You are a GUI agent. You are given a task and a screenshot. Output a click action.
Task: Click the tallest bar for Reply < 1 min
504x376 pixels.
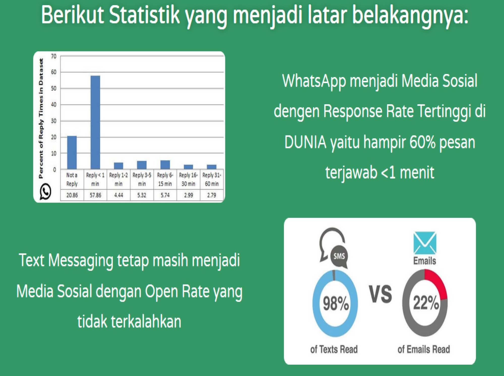tap(95, 122)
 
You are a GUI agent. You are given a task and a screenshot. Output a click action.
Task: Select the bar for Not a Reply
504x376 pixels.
tap(72, 152)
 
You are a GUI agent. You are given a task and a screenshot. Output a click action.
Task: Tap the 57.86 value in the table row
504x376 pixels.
tap(95, 195)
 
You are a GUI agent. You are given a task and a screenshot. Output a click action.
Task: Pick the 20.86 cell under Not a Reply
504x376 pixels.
tap(72, 195)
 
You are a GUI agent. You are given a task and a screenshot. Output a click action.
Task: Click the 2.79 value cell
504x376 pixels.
tap(212, 195)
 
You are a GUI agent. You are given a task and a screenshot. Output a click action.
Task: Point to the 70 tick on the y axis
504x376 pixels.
tap(54, 56)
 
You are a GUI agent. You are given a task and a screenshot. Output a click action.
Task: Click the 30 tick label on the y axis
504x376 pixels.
tap(54, 121)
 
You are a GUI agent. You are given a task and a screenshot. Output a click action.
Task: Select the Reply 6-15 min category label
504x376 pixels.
tap(165, 179)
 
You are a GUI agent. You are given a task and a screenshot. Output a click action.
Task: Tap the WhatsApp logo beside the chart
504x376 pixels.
tap(45, 192)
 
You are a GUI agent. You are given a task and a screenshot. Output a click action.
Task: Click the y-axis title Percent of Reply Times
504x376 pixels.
tap(41, 118)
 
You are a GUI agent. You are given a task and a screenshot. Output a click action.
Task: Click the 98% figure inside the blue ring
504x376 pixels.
tap(336, 303)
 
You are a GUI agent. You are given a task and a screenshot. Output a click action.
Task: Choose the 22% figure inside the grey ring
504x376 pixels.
tap(426, 302)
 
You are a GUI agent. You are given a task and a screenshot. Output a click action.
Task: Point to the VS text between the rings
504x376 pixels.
tap(381, 294)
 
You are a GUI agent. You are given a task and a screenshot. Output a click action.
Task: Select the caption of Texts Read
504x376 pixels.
tap(334, 349)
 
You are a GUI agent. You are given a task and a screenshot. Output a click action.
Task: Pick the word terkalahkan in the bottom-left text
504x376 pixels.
tap(146, 322)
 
